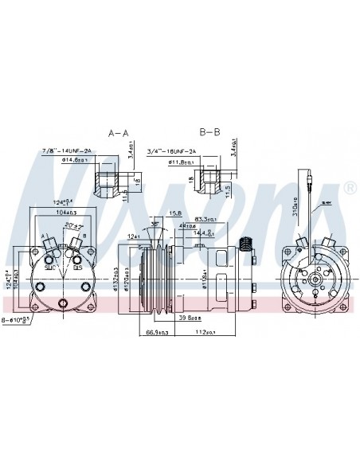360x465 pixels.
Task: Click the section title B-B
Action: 212,132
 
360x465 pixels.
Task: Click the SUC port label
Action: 53,268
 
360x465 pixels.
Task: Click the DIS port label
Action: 78,268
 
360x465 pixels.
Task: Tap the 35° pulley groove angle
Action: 154,224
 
